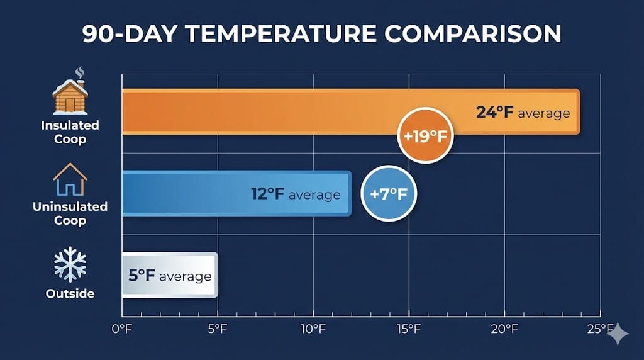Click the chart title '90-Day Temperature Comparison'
click(322, 35)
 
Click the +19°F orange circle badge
click(426, 135)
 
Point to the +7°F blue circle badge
click(389, 194)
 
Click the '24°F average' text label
click(523, 113)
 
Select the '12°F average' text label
click(296, 194)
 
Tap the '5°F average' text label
click(170, 276)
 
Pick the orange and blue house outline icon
click(70, 179)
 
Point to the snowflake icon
click(70, 264)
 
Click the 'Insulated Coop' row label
click(70, 132)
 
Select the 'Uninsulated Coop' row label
click(70, 213)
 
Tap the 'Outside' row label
click(70, 294)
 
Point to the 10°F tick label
click(313, 329)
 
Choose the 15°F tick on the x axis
click(408, 329)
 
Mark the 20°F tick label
click(504, 329)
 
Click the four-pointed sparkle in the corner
click(618, 334)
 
